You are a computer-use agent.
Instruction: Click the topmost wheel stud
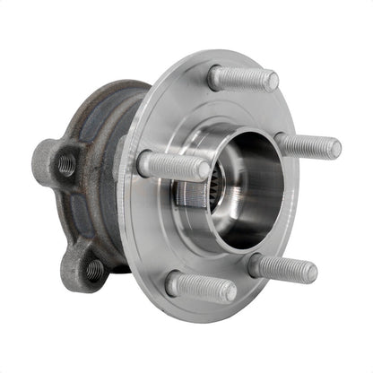tap(240, 78)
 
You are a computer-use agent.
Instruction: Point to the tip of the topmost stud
tap(271, 82)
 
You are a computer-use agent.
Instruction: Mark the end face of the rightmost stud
tap(334, 148)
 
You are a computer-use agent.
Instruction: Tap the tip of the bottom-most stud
tap(230, 291)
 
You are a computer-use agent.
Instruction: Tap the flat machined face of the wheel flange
tap(179, 108)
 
